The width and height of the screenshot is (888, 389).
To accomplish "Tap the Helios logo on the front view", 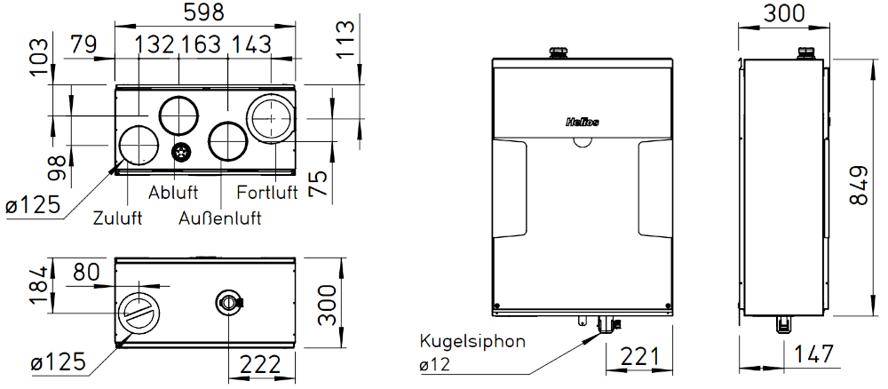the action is (583, 122).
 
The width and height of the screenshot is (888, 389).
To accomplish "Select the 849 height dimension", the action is (859, 186).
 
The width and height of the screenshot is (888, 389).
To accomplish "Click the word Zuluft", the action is (117, 218).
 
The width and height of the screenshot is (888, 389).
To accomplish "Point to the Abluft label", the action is (173, 192).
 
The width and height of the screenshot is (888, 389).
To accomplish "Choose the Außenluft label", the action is (220, 218).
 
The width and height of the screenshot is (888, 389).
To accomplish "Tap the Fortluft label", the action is (266, 192).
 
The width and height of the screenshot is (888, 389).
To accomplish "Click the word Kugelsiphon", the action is (472, 342).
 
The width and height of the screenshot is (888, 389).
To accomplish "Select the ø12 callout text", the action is (434, 365).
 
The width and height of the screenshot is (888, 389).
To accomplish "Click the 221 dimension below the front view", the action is (640, 357).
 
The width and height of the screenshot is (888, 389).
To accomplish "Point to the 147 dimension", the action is (813, 353).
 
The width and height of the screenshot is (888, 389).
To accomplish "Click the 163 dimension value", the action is (200, 44).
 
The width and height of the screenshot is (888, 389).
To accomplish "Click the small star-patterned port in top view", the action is (182, 151).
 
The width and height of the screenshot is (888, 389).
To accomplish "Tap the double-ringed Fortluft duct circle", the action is (271, 118).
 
